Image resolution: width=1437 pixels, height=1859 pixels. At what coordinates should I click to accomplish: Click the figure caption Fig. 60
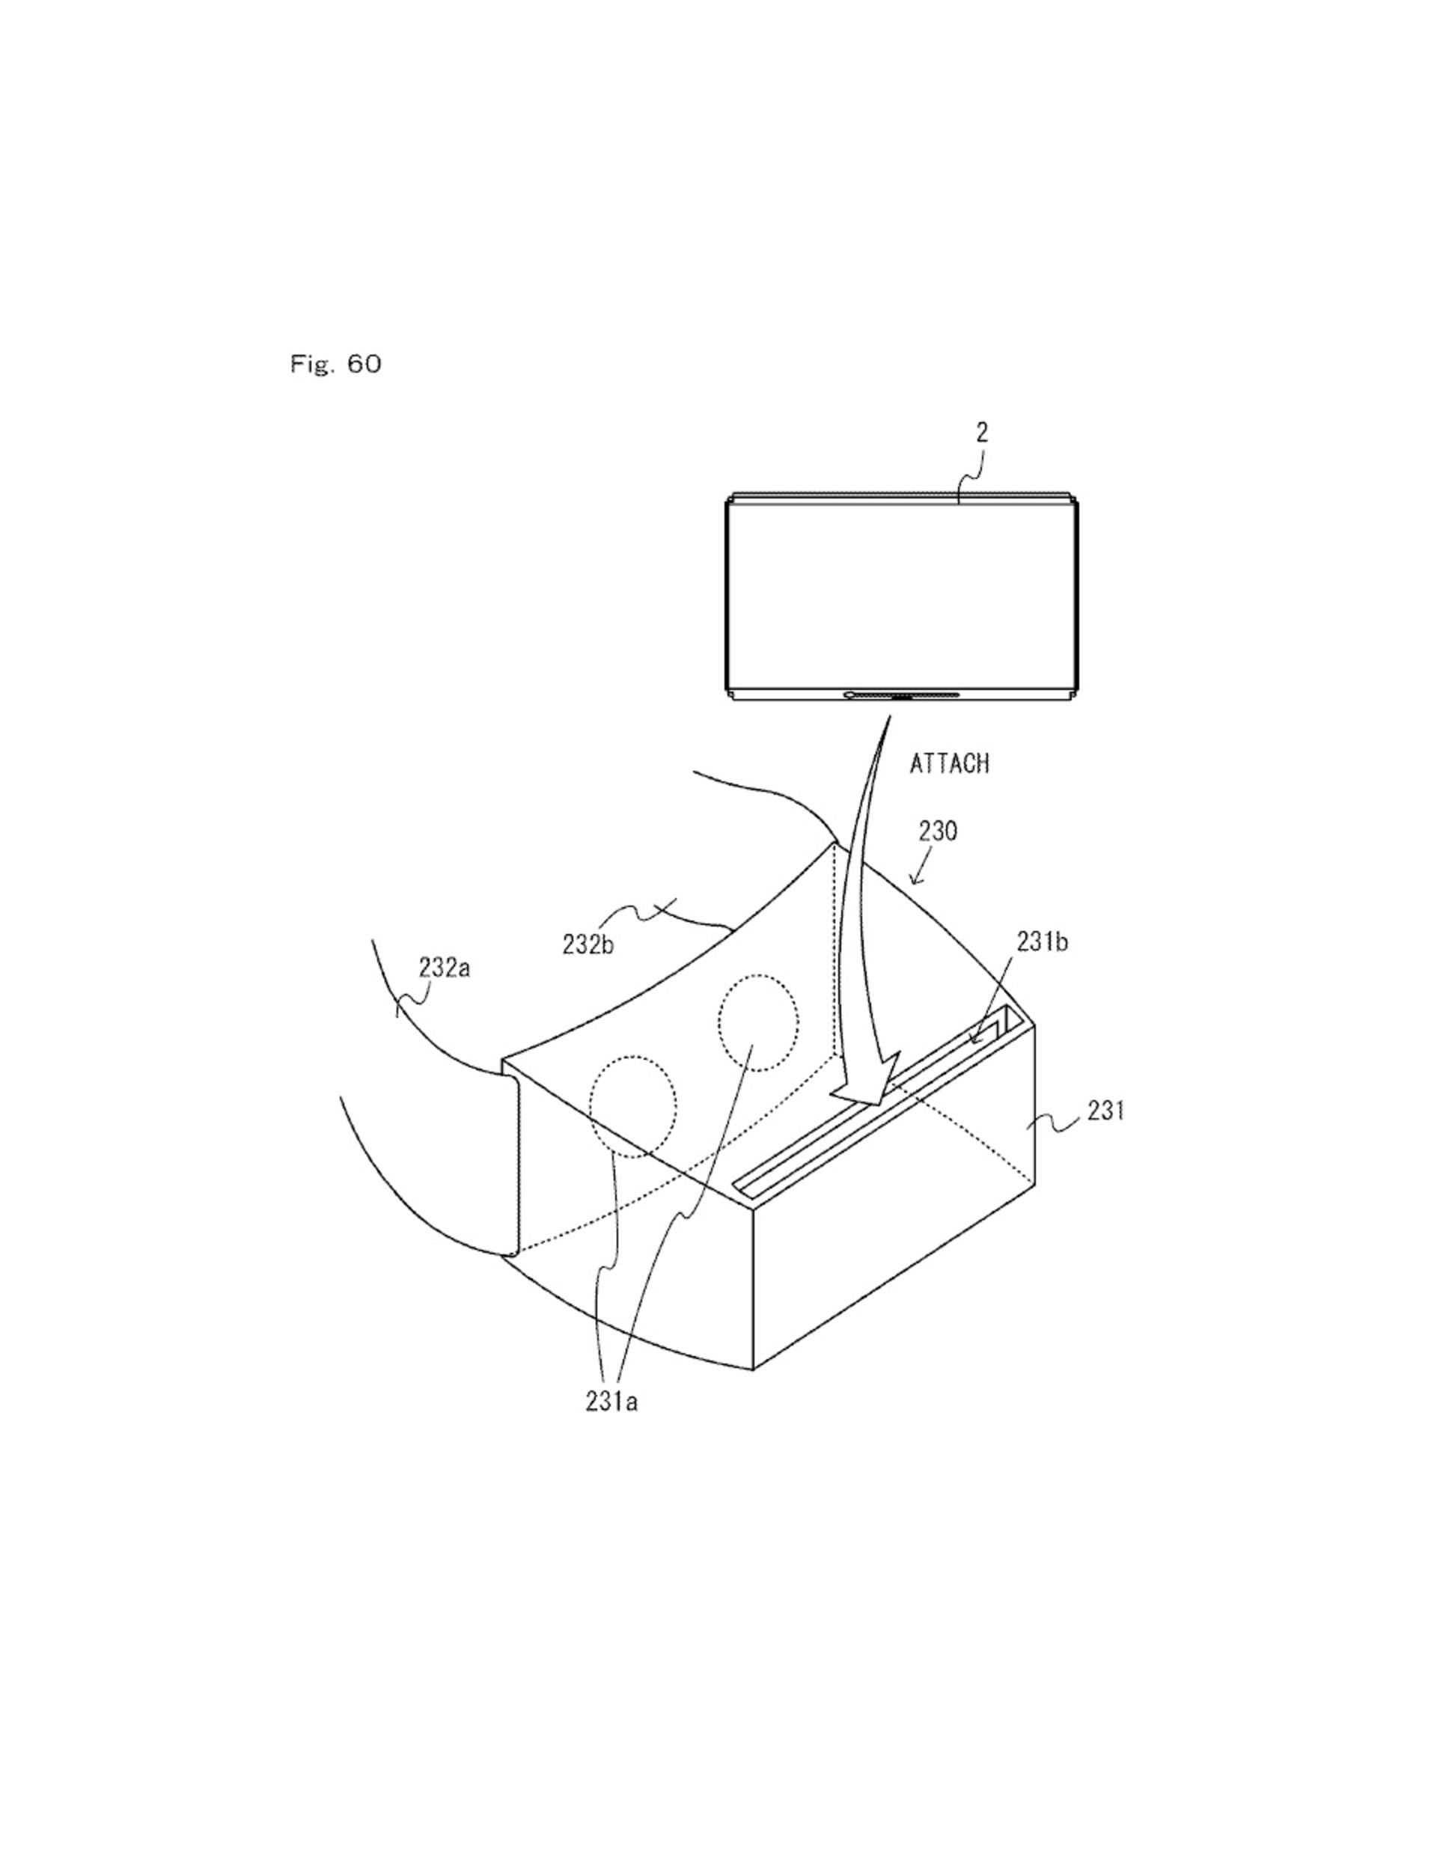tap(335, 364)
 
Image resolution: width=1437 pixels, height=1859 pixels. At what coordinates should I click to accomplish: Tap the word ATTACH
tap(949, 763)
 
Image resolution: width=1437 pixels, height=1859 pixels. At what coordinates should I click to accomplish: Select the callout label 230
tap(937, 831)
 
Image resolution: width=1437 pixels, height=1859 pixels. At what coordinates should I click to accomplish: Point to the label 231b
tap(1041, 942)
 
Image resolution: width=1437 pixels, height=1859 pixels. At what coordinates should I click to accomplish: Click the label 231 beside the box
tap(1105, 1111)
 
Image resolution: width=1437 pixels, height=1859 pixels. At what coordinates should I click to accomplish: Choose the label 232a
tap(444, 968)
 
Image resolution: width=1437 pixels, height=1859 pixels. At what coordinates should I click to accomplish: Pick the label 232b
tap(588, 944)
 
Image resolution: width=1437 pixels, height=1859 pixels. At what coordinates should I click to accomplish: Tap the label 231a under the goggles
tap(611, 1402)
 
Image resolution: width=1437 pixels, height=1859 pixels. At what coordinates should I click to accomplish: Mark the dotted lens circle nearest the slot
tap(757, 1022)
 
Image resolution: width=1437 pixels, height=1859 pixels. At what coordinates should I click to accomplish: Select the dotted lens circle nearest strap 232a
tap(632, 1107)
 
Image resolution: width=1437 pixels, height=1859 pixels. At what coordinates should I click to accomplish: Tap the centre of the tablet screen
tap(902, 596)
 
